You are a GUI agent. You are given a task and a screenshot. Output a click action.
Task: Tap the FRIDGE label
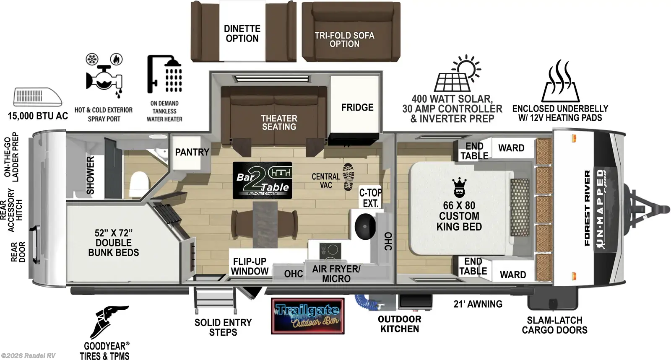[357, 108]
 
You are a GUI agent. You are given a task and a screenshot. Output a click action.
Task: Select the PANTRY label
[192, 152]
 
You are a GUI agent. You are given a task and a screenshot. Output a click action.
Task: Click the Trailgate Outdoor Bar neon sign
[307, 316]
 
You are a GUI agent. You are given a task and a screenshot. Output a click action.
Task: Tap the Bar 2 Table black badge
[262, 180]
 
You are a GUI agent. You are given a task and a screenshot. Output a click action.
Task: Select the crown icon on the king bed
[459, 187]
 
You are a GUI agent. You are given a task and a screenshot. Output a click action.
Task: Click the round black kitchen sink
[365, 226]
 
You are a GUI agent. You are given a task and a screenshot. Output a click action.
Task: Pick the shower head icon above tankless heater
[165, 74]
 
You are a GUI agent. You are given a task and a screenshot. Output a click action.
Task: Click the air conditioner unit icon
[37, 97]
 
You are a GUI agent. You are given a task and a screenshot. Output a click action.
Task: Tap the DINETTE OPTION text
[242, 34]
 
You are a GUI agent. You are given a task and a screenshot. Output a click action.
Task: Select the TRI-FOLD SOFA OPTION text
[344, 39]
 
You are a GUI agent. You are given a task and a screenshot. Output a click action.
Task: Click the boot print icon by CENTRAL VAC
[348, 177]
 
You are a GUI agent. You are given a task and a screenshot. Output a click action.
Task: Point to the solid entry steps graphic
[214, 300]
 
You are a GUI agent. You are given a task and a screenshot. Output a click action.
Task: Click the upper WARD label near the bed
[511, 148]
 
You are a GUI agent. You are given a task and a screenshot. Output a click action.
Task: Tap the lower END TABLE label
[473, 267]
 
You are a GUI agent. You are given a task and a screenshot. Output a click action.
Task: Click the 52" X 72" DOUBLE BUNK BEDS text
[113, 243]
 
